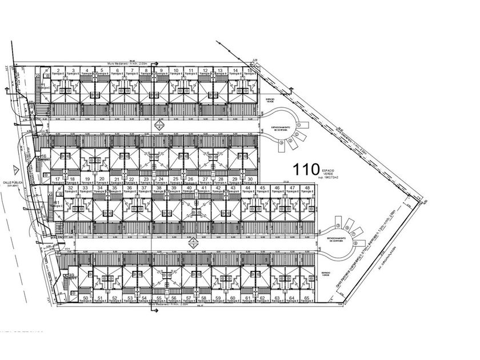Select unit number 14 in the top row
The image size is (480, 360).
click(x=235, y=71)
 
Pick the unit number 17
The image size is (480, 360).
click(x=58, y=179)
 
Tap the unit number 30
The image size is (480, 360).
click(x=250, y=179)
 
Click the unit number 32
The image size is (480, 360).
click(x=70, y=188)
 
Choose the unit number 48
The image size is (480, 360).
click(x=307, y=188)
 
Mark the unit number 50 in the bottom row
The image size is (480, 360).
click(x=86, y=298)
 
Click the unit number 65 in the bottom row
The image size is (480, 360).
click(x=306, y=298)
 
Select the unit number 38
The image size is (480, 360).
click(x=159, y=188)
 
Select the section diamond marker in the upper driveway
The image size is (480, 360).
click(x=159, y=125)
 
